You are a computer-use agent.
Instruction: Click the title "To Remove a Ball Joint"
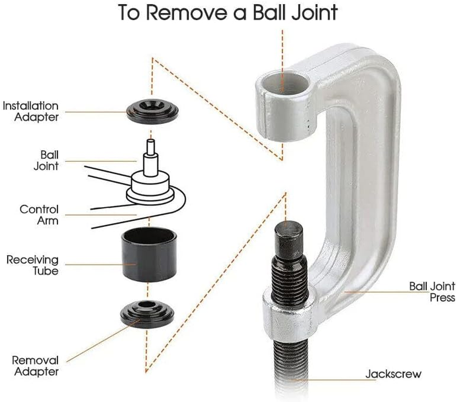point(228,12)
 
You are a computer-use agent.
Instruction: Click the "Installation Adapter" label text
point(30,112)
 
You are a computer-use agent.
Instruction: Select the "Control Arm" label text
point(39,215)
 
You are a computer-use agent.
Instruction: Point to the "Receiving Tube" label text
point(32,265)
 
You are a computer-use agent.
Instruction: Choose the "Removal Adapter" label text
point(35,366)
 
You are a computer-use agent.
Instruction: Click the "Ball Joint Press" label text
point(432,292)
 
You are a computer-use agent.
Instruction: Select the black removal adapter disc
point(147,314)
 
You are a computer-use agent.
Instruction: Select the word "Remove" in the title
point(188,12)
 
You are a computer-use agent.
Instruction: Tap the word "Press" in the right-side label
point(442,297)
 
